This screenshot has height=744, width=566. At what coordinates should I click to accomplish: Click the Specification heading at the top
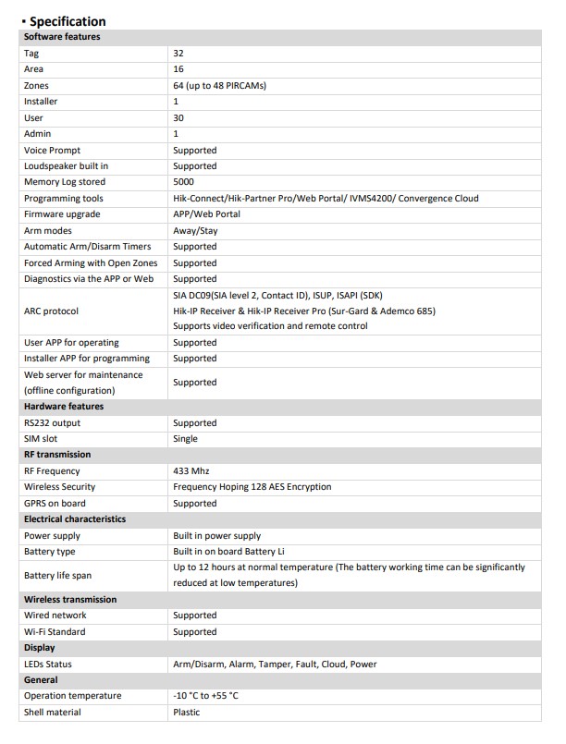[x=67, y=21]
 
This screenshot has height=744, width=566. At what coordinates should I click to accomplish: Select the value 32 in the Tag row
[x=178, y=54]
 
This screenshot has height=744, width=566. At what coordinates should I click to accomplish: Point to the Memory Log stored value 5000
[x=183, y=182]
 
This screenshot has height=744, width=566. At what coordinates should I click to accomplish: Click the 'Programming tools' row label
[x=64, y=199]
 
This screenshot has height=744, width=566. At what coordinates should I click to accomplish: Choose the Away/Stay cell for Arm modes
[x=195, y=231]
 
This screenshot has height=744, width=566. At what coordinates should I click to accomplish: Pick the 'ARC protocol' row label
[x=51, y=311]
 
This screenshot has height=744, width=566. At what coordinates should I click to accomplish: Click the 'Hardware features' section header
[x=64, y=407]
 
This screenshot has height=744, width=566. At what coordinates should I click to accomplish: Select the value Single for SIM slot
[x=185, y=439]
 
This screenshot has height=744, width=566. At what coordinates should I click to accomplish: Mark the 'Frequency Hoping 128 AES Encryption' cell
[x=252, y=487]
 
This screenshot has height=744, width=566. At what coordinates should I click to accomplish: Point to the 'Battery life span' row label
[x=57, y=575]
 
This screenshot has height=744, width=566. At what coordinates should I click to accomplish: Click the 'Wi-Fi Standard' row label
[x=55, y=632]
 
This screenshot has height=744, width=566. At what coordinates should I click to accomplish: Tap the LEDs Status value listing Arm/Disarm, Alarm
[x=275, y=665]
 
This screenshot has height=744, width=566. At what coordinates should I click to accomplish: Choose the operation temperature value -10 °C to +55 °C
[x=205, y=696]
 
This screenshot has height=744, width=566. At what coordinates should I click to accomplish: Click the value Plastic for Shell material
[x=186, y=713]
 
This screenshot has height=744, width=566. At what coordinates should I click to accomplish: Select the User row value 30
[x=178, y=118]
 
